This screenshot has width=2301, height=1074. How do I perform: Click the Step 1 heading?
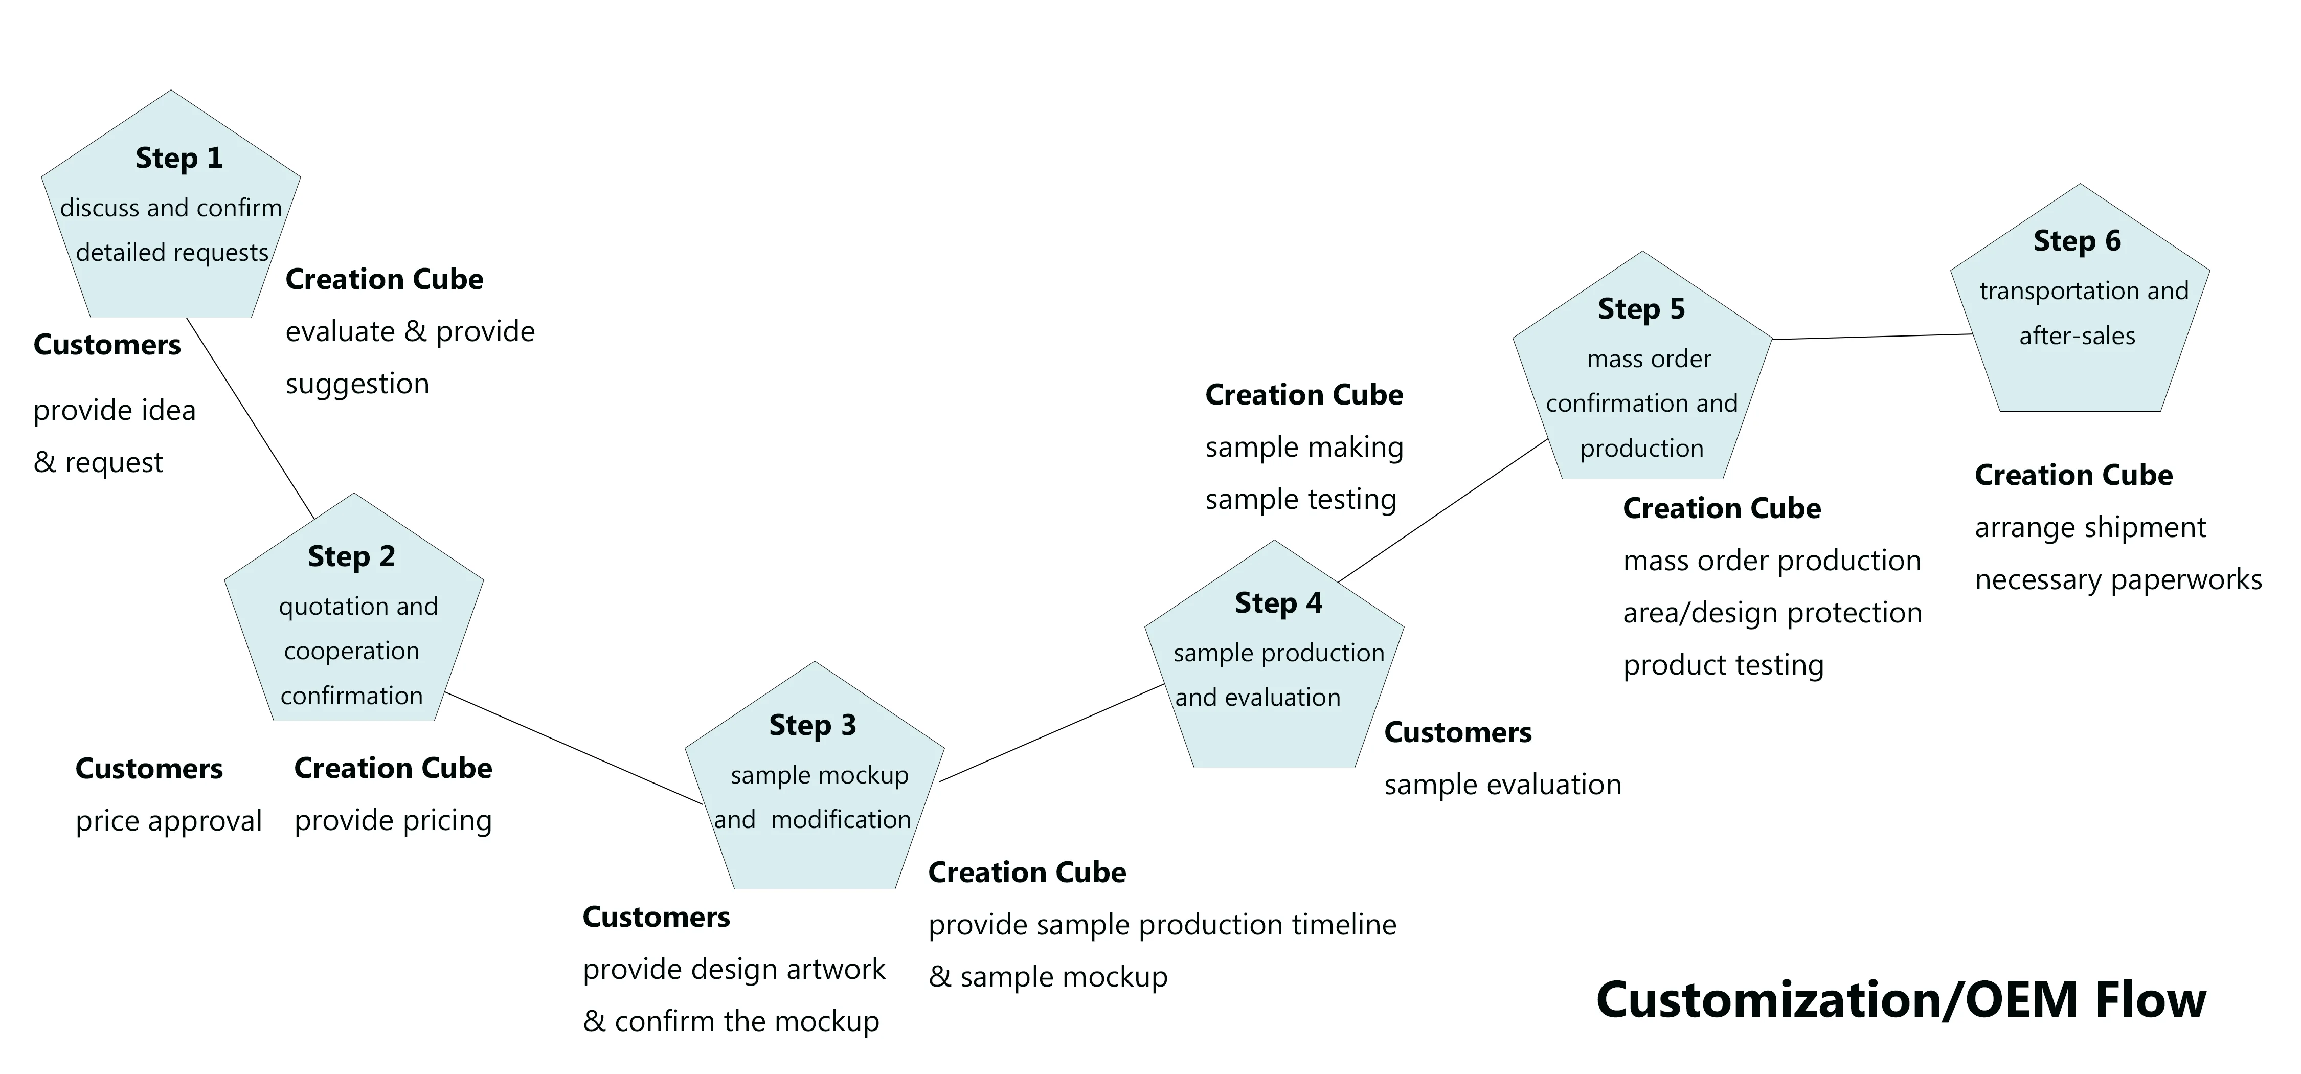[178, 158]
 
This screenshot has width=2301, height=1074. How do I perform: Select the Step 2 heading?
[351, 556]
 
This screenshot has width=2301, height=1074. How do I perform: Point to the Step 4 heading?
[1278, 603]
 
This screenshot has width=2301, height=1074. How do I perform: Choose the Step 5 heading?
[1641, 309]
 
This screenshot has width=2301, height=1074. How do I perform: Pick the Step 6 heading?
[2077, 241]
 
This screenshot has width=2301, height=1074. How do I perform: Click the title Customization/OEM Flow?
[1901, 1000]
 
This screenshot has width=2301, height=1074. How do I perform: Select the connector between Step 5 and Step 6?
[1872, 337]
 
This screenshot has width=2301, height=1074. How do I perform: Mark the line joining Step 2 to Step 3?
[574, 748]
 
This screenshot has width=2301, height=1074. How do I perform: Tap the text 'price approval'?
[169, 821]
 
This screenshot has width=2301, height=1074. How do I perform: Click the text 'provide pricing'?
[393, 821]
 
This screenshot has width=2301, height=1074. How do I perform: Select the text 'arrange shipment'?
[2090, 528]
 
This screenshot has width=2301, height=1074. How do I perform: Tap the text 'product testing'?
[1723, 666]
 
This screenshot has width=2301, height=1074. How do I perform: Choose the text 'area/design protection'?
[1772, 614]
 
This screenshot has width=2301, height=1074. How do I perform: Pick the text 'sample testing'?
[1300, 500]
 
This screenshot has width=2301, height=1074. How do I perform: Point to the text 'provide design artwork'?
[733, 970]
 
